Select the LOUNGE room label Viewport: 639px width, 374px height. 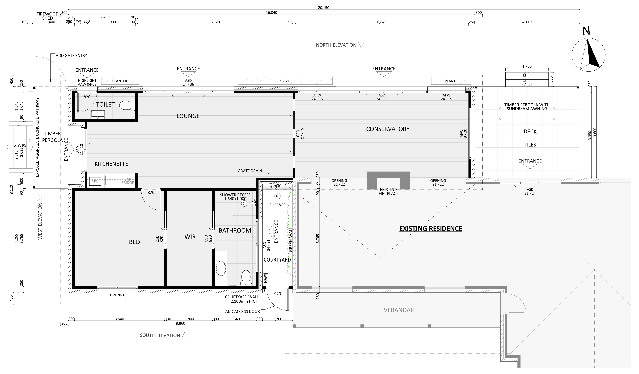pyautogui.click(x=188, y=116)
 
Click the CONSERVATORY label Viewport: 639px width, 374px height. pyautogui.click(x=388, y=129)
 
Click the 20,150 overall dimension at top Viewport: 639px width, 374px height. pyautogui.click(x=324, y=8)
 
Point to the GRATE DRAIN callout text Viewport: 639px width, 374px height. pyautogui.click(x=250, y=171)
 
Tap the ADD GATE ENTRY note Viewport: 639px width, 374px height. pyautogui.click(x=71, y=56)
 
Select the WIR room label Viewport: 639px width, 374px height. pyautogui.click(x=190, y=237)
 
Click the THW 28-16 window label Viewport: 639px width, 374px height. pyautogui.click(x=117, y=295)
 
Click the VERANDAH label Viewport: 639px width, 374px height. pyautogui.click(x=399, y=310)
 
